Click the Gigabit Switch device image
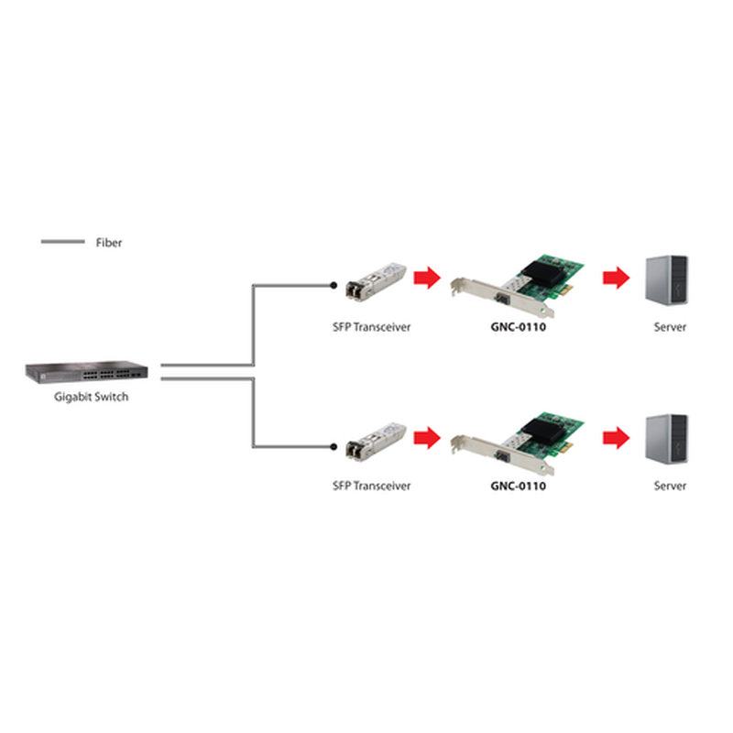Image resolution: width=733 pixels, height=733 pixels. click(x=87, y=373)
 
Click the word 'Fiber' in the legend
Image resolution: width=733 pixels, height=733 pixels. click(x=108, y=243)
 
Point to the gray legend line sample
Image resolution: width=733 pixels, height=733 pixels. click(x=62, y=242)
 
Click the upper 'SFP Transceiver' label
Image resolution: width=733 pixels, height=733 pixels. click(x=371, y=327)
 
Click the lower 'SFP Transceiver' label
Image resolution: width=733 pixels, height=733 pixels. click(x=371, y=486)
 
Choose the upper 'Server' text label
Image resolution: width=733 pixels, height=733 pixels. click(x=670, y=327)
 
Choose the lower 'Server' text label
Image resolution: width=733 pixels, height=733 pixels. click(x=670, y=486)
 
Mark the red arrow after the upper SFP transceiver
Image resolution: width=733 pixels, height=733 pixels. click(x=427, y=278)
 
